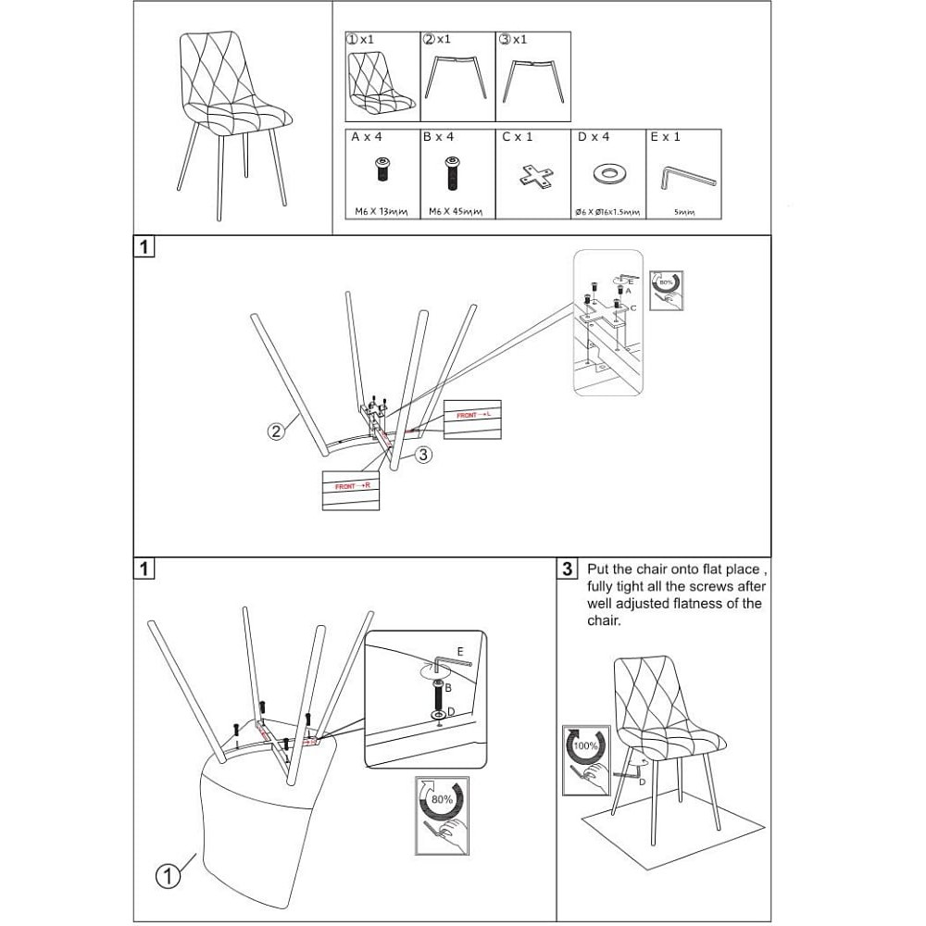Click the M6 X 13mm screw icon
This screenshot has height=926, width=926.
(382, 171)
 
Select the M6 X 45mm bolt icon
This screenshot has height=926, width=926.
(452, 173)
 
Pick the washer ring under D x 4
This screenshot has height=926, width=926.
(607, 173)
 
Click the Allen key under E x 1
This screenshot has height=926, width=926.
(689, 176)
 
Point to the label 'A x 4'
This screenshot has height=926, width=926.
(368, 137)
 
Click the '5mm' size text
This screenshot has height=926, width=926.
(684, 212)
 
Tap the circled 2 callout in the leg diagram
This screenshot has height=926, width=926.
(276, 432)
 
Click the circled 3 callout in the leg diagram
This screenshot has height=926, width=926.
(422, 455)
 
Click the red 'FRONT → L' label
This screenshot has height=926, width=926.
(472, 416)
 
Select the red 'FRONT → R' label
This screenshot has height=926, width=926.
(351, 486)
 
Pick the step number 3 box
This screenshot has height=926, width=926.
(569, 569)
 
